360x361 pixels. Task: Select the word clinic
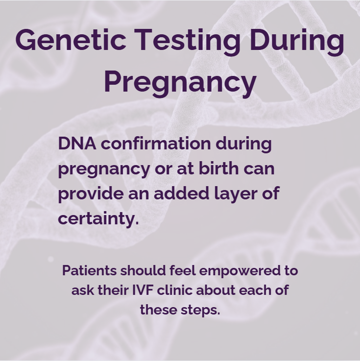click(x=180, y=290)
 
